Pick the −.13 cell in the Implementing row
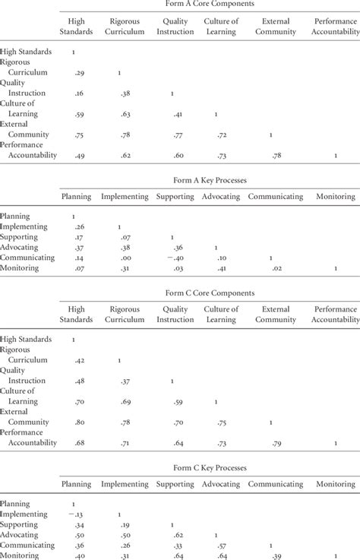[x=74, y=514]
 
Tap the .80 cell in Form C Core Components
[x=75, y=422]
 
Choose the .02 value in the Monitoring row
[x=276, y=268]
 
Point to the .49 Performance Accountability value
[x=75, y=156]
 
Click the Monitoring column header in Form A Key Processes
[x=335, y=197]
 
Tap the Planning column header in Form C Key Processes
[x=76, y=483]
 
